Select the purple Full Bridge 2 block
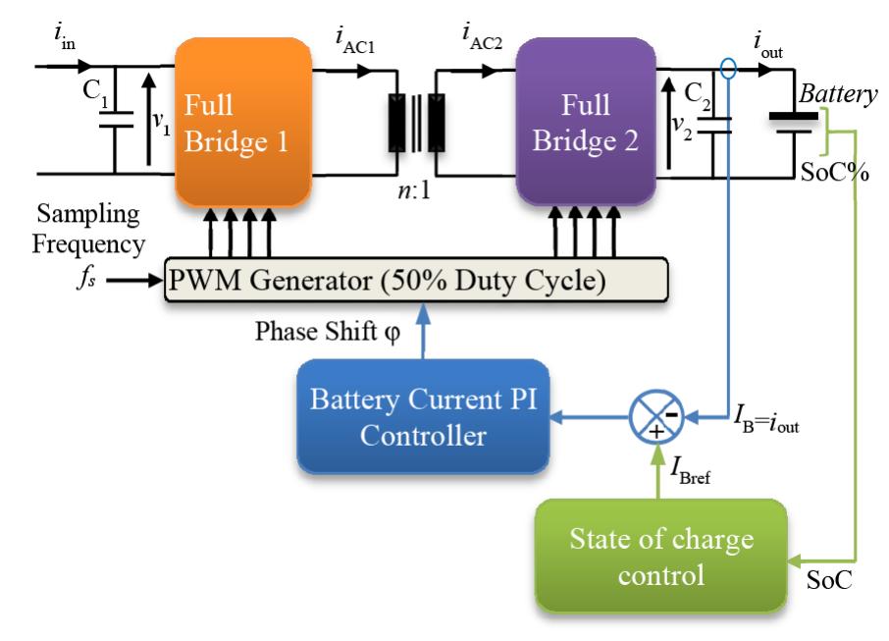[x=586, y=121]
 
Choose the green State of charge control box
[x=660, y=555]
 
